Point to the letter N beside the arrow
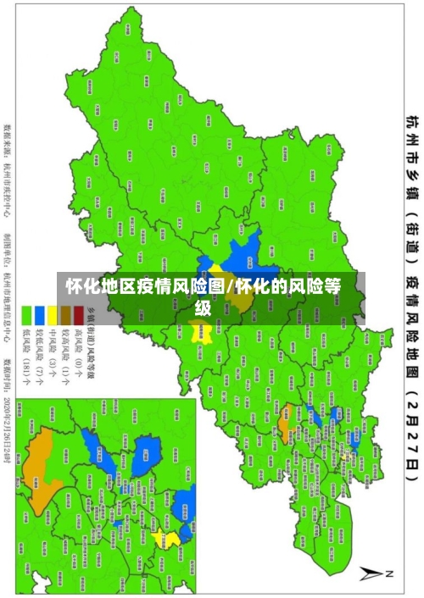click(392, 574)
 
